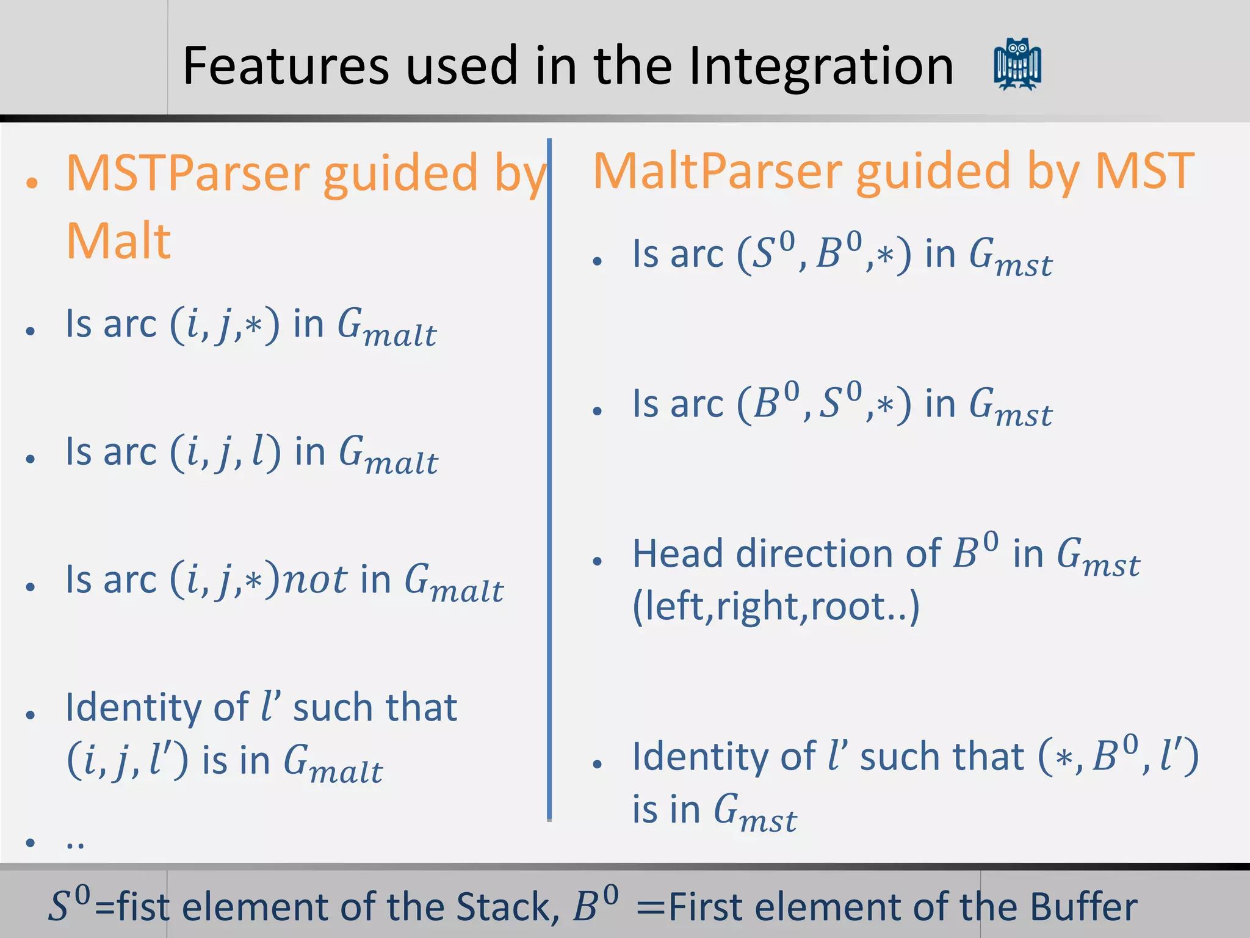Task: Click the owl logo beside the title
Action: point(1017,65)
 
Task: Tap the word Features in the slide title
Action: point(286,66)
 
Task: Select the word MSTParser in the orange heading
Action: point(188,174)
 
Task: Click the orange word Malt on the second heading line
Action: point(118,241)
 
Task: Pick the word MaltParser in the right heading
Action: point(718,172)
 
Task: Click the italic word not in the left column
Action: point(316,580)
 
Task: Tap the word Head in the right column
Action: point(677,554)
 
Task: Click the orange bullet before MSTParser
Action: point(32,182)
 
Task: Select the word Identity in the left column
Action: point(133,708)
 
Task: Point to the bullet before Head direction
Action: point(598,561)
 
